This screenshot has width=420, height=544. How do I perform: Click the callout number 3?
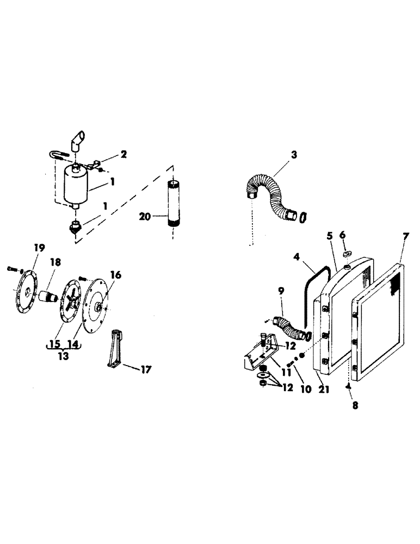click(294, 154)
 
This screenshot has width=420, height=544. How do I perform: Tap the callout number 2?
click(124, 154)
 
